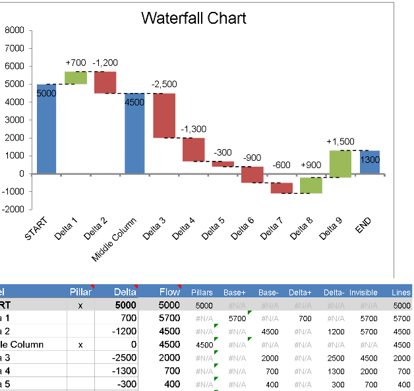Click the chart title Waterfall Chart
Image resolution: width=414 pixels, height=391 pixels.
coord(194,18)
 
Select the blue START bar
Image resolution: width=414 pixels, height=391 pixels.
coord(46,129)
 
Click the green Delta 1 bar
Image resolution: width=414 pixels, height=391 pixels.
coord(76,78)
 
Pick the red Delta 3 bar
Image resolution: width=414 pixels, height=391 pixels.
coord(164,115)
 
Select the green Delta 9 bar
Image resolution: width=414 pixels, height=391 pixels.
coord(340,164)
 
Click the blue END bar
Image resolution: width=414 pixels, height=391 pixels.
coord(370,162)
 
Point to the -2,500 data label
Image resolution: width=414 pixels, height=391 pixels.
coord(164,84)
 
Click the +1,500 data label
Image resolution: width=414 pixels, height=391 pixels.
coord(340,142)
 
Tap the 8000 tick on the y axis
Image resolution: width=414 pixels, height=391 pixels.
coord(14,30)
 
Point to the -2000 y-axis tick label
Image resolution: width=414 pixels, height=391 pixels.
coord(13,210)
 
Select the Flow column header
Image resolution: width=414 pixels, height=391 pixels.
coord(169,291)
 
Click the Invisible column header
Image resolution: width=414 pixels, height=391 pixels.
coord(363,292)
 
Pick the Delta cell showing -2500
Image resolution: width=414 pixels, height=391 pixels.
coord(125,357)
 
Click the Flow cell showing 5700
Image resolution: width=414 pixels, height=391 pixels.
coord(170,318)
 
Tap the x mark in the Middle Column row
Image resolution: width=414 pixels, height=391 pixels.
coord(81,344)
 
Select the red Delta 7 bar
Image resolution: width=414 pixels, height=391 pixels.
coord(281,188)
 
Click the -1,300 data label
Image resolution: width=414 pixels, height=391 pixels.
coord(194,129)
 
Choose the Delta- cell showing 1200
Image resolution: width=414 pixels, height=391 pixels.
coord(336,331)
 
